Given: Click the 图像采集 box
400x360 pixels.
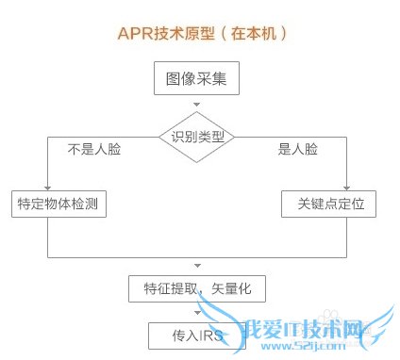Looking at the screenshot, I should coord(196,79).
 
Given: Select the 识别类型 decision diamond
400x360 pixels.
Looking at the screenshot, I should coord(197,137).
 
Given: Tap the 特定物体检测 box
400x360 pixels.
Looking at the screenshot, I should coord(47,204).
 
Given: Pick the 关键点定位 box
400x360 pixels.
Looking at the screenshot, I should coord(324,204).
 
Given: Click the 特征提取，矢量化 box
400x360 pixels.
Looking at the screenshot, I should coord(197,287).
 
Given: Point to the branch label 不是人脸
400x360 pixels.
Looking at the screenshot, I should coord(94,149).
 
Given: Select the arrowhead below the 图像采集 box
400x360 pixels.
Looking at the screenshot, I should coord(196,103).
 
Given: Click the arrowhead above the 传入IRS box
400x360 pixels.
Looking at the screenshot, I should coord(196,314).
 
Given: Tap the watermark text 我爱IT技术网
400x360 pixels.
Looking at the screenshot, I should coord(283,332).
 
